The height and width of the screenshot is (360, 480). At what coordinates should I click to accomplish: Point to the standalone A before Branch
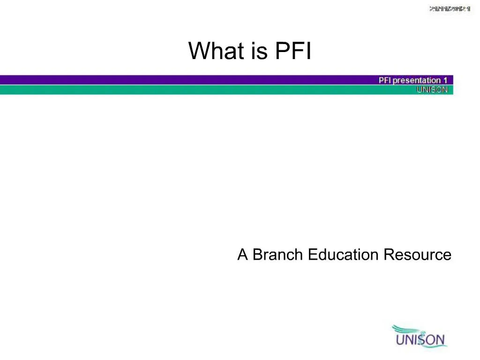242,255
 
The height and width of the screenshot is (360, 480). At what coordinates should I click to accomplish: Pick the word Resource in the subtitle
417,255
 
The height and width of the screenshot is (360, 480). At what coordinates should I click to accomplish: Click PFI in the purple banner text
385,80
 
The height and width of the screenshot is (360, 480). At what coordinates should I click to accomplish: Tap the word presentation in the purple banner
417,80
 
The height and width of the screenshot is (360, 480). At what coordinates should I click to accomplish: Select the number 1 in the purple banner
445,80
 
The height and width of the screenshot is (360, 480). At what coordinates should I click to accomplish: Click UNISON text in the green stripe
432,90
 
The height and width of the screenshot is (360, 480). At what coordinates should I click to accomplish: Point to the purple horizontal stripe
187,80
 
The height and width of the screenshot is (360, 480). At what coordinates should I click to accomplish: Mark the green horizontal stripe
187,90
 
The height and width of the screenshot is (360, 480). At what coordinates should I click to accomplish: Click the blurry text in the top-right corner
450,9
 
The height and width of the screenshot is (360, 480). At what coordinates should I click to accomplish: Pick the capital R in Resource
389,255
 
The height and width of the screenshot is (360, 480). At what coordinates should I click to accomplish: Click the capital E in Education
313,255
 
